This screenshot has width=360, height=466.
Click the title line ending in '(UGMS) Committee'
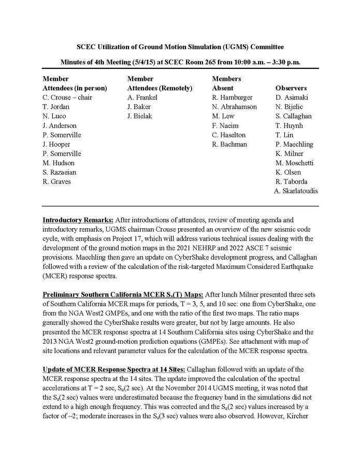180,47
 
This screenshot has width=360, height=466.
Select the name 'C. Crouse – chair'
67,97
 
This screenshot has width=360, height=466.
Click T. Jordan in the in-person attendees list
56,107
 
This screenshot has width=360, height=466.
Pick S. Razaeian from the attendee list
61,172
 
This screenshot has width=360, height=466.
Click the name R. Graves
57,181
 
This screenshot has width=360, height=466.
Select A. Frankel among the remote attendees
142,97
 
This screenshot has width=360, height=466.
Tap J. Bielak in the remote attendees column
139,116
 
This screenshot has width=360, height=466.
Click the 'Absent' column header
223,88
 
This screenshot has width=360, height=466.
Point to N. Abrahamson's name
234,107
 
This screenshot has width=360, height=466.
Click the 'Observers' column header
291,88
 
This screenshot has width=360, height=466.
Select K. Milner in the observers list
290,153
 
